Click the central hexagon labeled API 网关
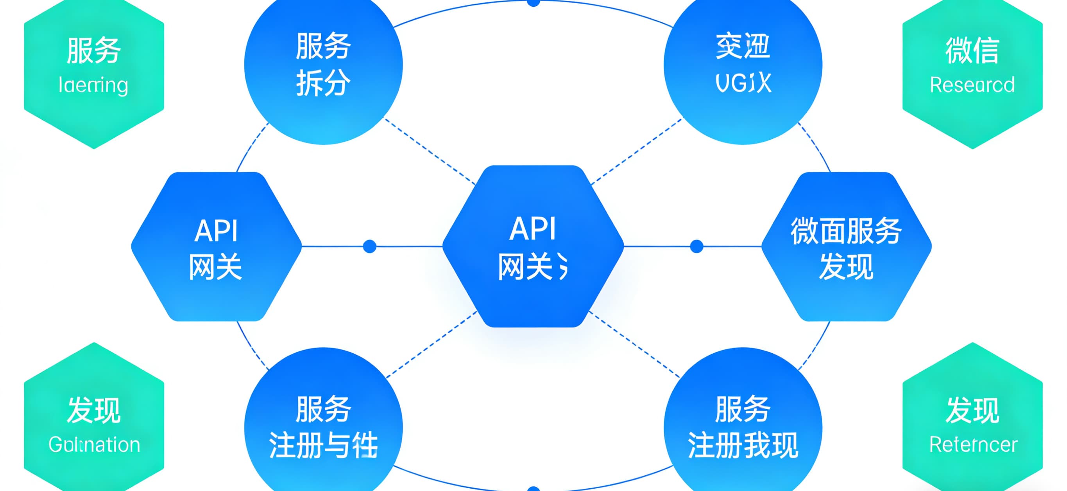pos(533,246)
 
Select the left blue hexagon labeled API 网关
pos(216,246)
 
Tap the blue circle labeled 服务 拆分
pos(324,65)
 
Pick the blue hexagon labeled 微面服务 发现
pos(846,246)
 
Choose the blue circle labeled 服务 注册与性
pos(324,427)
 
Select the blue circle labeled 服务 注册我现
pos(743,427)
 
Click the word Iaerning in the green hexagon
pos(93,85)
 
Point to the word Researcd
pos(972,85)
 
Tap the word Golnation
pos(94,444)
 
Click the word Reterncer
pos(973,444)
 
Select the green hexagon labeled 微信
pos(972,70)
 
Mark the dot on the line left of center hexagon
pos(369,246)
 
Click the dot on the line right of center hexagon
pos(697,246)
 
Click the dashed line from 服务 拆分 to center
pos(431,151)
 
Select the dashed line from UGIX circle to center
pos(637,151)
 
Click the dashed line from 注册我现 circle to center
pos(635,344)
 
